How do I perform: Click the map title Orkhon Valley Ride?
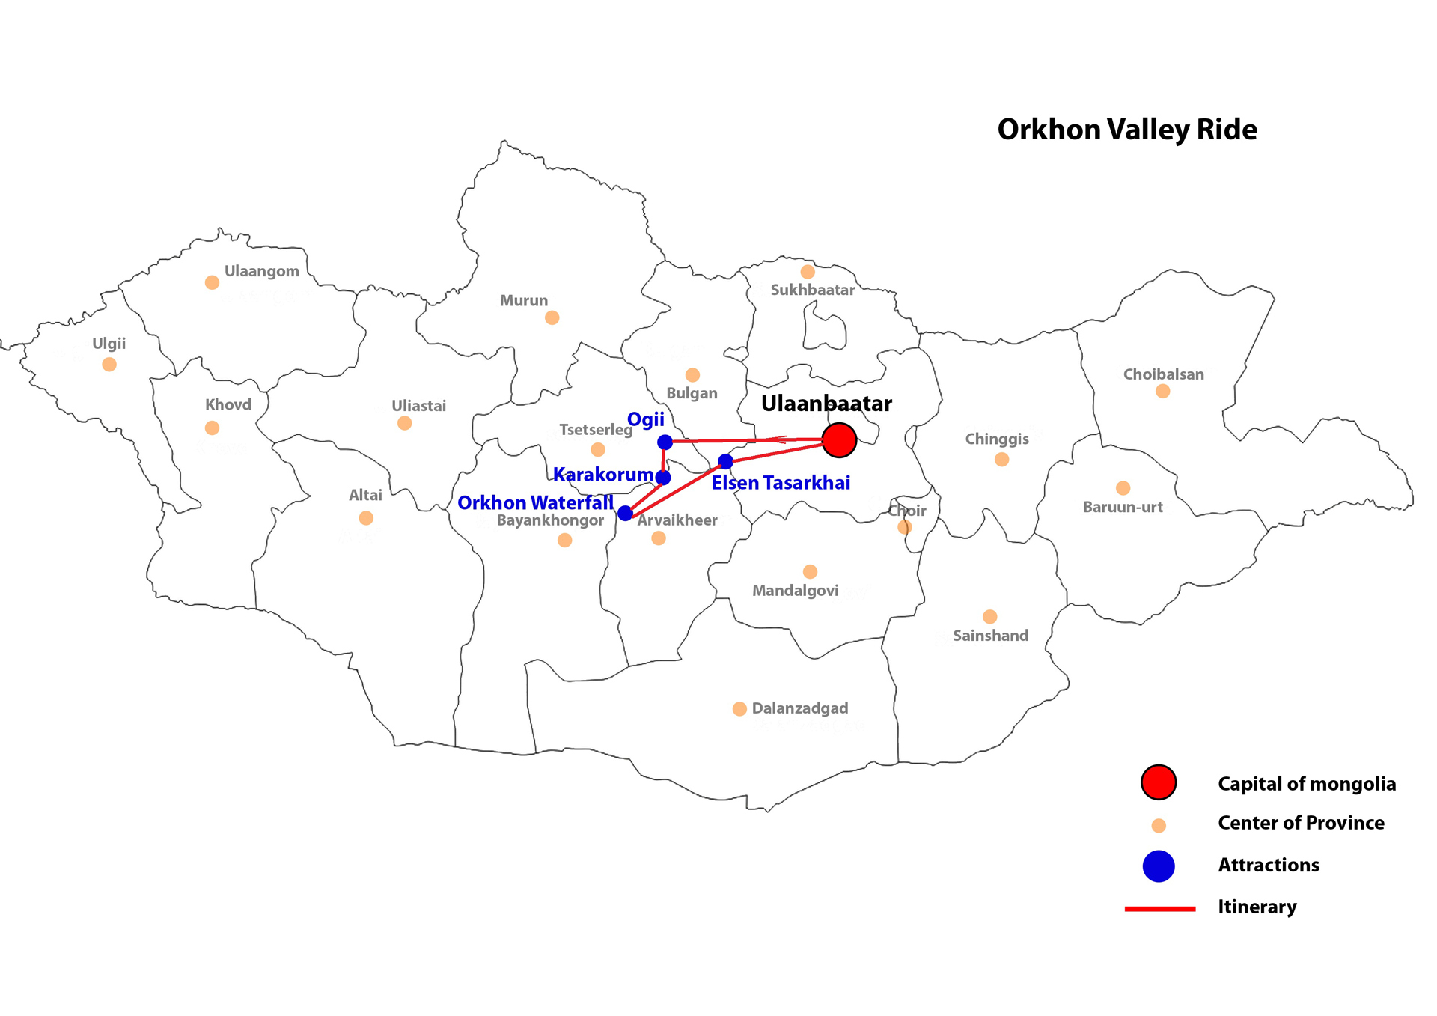(1126, 130)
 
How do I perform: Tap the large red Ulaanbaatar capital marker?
(838, 439)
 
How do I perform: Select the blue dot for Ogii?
(665, 442)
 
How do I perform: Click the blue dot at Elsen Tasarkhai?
(725, 461)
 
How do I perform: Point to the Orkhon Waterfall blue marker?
(625, 513)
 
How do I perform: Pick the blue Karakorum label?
(602, 475)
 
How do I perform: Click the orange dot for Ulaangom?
(212, 282)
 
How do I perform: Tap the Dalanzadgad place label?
(799, 708)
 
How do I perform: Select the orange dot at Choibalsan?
(1162, 391)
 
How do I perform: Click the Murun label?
(523, 300)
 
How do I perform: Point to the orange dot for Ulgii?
(109, 365)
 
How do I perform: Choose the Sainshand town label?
(990, 636)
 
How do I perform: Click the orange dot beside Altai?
(366, 518)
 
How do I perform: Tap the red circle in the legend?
(1158, 782)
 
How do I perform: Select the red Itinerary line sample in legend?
(1159, 908)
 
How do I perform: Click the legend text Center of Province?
(1301, 823)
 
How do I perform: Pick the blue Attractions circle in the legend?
(1158, 866)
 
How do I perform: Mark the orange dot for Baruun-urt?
(1123, 488)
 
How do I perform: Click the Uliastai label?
(418, 406)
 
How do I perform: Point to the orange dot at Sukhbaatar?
(807, 272)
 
